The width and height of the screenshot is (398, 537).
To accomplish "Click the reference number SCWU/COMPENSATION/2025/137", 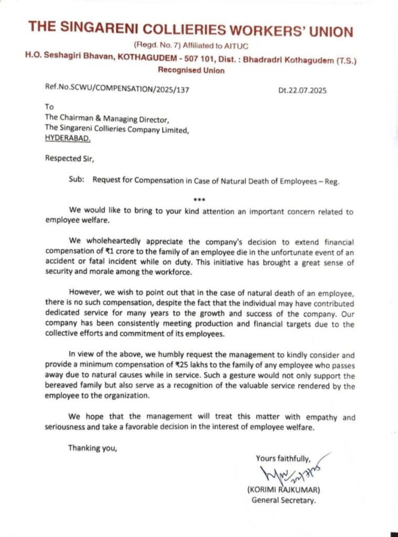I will click(x=117, y=90).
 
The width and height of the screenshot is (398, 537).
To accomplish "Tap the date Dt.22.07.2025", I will click(x=302, y=90).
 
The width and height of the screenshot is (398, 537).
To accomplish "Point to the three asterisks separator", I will click(x=199, y=200).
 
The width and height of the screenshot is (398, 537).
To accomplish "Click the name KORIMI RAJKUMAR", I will click(x=283, y=490).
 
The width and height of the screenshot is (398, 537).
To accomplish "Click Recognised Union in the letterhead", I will click(x=191, y=71).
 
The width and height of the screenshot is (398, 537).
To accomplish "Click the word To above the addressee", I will click(x=50, y=106).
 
